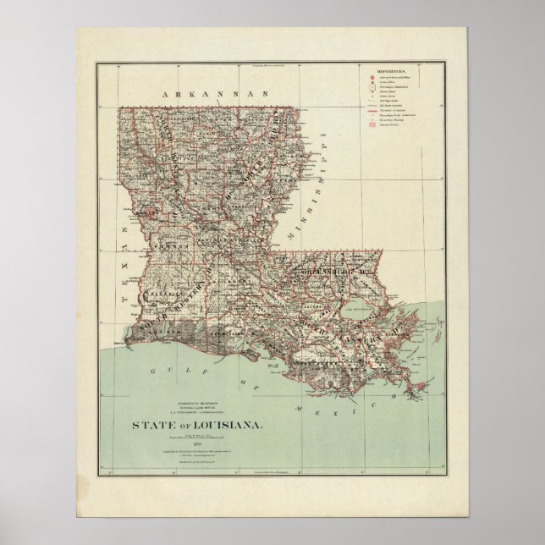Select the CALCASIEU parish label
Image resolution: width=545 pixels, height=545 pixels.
[161, 299]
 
